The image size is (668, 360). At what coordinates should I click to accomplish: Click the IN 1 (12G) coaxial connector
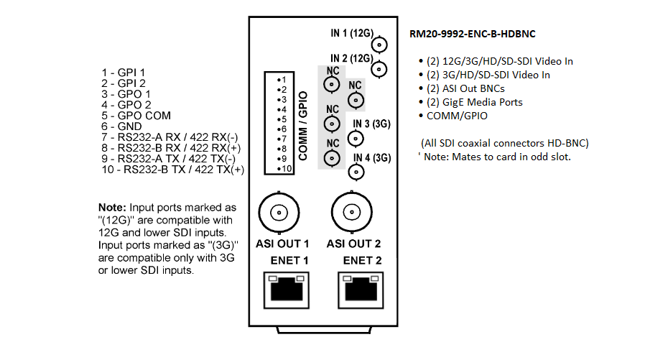click(x=379, y=45)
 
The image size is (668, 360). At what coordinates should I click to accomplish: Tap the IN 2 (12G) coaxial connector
click(x=379, y=70)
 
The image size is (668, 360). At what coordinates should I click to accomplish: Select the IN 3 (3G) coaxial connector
click(x=356, y=138)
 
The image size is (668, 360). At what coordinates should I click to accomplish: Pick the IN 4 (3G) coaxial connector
click(x=356, y=172)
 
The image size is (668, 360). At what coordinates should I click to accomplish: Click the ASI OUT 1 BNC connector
click(x=279, y=213)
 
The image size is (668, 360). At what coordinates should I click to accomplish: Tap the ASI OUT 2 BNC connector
click(x=352, y=212)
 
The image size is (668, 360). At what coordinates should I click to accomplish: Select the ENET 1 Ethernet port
click(x=287, y=290)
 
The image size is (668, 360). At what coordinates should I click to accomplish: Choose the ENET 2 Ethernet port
click(x=361, y=290)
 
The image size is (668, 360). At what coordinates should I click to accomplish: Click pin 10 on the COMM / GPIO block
click(x=284, y=169)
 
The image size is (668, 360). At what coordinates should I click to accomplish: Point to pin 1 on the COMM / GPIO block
click(x=282, y=80)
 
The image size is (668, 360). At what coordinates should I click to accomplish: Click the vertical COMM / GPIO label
click(x=303, y=126)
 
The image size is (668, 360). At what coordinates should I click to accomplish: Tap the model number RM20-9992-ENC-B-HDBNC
click(x=473, y=34)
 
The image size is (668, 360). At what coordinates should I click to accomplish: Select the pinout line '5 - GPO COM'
click(x=136, y=116)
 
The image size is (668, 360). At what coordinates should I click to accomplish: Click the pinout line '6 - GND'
click(x=121, y=126)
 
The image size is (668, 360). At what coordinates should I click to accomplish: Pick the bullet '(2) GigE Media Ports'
click(x=474, y=102)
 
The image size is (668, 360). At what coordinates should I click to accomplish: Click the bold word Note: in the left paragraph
click(x=112, y=208)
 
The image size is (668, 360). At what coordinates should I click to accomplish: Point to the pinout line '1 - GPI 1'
click(x=123, y=73)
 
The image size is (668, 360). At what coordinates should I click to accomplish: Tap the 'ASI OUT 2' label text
click(x=353, y=244)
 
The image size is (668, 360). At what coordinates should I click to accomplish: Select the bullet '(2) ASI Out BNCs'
click(x=465, y=88)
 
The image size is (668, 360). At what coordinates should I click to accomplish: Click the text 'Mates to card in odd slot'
click(x=511, y=157)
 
